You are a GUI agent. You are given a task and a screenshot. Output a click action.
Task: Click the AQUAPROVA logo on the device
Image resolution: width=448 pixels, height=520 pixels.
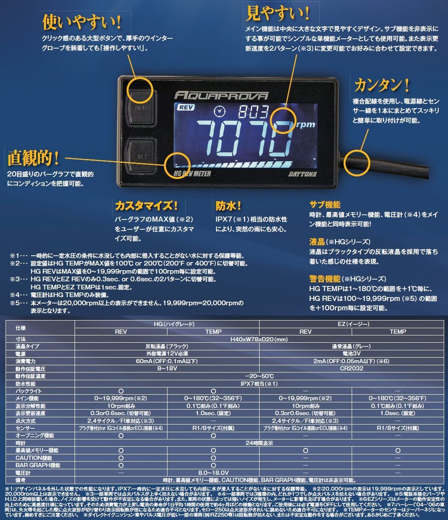[221, 95]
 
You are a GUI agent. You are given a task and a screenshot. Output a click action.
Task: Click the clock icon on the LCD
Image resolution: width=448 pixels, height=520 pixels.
[220, 112]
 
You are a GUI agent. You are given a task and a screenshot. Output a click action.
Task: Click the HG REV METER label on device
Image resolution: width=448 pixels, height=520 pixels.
[193, 173]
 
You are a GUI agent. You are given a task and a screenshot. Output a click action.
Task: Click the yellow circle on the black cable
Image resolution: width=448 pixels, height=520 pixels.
[356, 163]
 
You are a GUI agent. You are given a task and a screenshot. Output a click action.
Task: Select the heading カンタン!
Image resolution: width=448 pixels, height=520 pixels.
[382, 85]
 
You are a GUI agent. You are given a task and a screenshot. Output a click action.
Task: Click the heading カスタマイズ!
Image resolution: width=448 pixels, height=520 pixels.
[146, 206]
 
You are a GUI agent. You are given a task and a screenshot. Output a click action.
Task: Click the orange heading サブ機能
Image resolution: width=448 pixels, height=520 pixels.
[325, 205]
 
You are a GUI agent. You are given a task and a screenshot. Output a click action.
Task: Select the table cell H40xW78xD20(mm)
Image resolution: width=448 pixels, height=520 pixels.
[259, 339]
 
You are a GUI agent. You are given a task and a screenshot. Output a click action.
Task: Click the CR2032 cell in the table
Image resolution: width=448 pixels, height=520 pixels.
[351, 368]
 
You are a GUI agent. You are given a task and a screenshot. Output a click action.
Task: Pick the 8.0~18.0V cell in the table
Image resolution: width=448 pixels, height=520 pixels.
[213, 473]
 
